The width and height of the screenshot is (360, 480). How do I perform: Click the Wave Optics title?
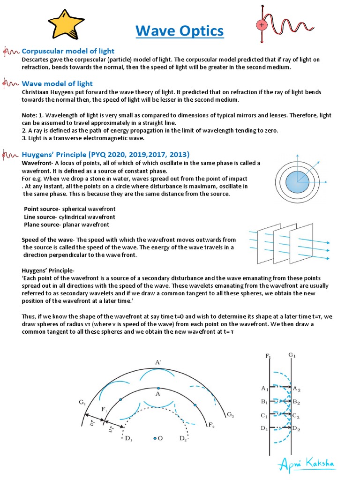(x=180, y=31)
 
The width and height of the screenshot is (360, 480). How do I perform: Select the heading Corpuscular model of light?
(x=68, y=51)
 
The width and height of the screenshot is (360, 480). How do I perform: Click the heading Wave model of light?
(x=57, y=83)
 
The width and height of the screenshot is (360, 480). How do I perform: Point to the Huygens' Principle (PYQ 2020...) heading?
(x=105, y=154)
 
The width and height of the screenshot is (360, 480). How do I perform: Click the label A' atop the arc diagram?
(x=158, y=362)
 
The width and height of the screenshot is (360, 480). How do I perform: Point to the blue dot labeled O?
(x=156, y=438)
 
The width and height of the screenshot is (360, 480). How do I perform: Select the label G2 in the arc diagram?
(x=230, y=415)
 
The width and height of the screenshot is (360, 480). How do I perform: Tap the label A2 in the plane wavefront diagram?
(x=297, y=388)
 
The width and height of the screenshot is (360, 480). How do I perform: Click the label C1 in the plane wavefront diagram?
(x=264, y=415)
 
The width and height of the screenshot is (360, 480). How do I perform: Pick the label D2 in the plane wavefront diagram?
(x=297, y=428)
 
